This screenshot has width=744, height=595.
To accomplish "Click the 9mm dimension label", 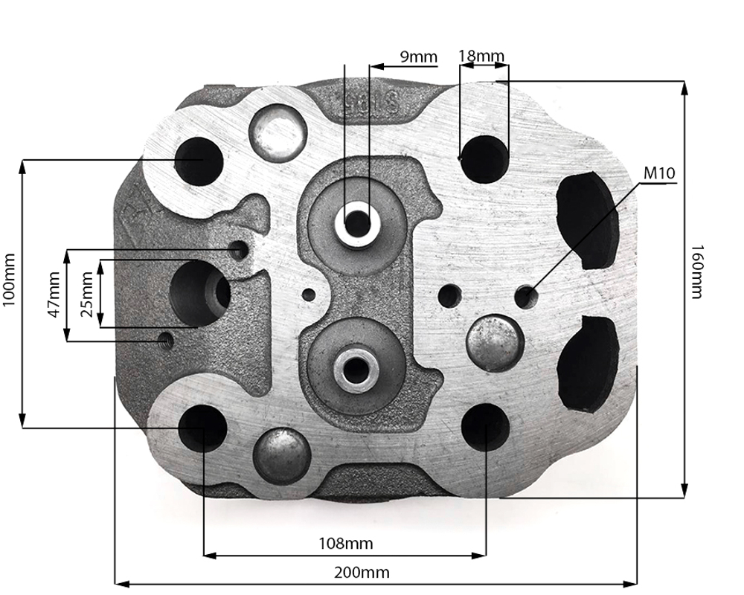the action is pos(418,57).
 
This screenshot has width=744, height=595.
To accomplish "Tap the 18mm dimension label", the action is pos(481,56).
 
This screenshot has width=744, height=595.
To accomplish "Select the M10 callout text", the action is pos(659,173).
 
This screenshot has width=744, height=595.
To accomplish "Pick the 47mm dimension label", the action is pos(54,295).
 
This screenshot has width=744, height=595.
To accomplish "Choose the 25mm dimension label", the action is pos(87,295).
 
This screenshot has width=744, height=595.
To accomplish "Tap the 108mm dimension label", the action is pos(345,543).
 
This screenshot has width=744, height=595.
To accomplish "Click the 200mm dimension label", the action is pos(362,573).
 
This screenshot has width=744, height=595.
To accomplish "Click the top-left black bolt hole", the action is pos(199,161).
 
